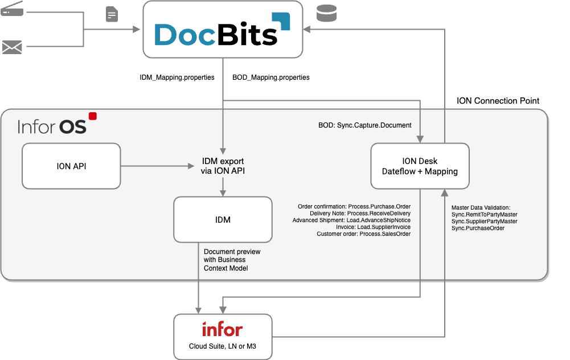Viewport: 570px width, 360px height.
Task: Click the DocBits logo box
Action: pos(222,30)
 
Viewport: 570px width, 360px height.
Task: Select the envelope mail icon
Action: pos(12,47)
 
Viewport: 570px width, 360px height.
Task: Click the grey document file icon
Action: pos(112,14)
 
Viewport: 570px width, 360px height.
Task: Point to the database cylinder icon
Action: pos(327,12)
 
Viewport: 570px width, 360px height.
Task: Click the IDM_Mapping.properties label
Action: pos(177,77)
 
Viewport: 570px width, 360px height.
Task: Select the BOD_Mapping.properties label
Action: pos(271,77)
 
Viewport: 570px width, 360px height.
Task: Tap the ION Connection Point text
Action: pos(498,101)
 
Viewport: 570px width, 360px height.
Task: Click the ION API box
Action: pos(71,166)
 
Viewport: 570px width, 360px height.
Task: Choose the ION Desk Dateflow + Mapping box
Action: pos(420,166)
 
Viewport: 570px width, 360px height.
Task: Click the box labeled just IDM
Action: pos(223,219)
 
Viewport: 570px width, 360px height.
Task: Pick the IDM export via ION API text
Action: pos(223,166)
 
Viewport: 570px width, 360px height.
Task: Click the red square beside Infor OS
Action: pos(93,116)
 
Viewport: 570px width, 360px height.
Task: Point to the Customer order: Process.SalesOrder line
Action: pos(364,234)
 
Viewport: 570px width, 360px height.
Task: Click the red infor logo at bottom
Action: pos(222,329)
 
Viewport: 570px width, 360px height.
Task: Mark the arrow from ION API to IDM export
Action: pos(157,166)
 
